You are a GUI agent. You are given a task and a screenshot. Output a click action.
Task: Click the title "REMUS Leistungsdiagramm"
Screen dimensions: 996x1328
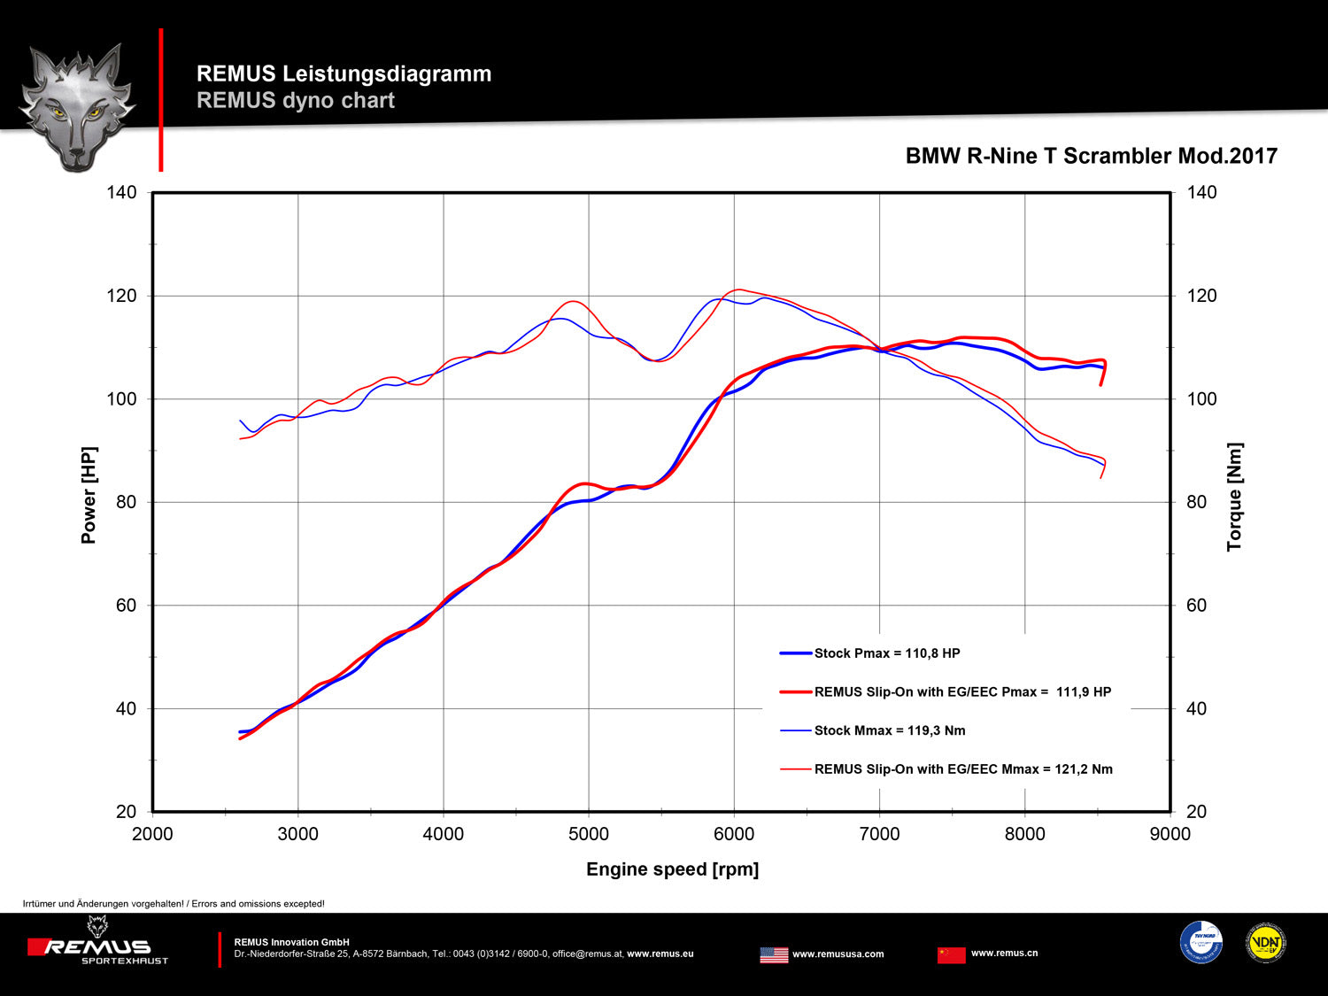[x=344, y=73]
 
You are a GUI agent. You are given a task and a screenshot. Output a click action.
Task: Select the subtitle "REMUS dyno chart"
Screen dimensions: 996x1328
[x=296, y=100]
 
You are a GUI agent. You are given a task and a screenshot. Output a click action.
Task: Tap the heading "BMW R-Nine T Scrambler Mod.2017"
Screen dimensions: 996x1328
[x=1091, y=156]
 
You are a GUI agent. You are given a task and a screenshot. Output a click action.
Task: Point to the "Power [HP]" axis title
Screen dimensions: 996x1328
[x=89, y=495]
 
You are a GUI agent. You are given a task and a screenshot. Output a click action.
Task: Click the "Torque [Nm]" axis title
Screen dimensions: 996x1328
[x=1234, y=497]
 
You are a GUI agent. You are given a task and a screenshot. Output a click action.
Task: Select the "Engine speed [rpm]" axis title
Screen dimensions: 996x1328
[x=672, y=869]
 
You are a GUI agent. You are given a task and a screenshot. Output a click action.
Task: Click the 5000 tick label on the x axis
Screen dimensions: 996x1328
[x=589, y=834]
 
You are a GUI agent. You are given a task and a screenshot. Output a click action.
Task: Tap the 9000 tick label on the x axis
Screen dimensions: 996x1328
[x=1170, y=834]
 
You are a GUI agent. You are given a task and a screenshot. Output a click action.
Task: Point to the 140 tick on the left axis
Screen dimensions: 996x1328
[x=122, y=192]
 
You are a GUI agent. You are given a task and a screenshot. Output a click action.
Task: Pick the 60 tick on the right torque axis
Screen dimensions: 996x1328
[x=1196, y=606]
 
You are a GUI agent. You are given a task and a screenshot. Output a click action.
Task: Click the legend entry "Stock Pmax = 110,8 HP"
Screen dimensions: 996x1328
[x=886, y=653]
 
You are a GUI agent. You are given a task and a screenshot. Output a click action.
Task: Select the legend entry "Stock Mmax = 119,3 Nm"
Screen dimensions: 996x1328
[x=889, y=730]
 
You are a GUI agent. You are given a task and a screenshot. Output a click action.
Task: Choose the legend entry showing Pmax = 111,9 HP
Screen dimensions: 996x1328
[x=961, y=692]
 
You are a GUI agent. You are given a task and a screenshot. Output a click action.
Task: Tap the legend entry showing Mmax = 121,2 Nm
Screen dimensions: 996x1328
[x=962, y=769]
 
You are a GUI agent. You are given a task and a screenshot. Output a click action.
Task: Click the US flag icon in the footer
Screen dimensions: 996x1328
[x=774, y=954]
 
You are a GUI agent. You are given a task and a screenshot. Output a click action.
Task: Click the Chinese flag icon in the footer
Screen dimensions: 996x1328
[x=952, y=954]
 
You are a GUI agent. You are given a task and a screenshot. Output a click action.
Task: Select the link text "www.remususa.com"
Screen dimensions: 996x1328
[x=838, y=954]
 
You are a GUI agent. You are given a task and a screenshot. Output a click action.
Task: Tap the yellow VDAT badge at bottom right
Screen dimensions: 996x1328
[x=1265, y=943]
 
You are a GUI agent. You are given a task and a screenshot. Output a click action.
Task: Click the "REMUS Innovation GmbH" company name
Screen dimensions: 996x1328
[x=291, y=942]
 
